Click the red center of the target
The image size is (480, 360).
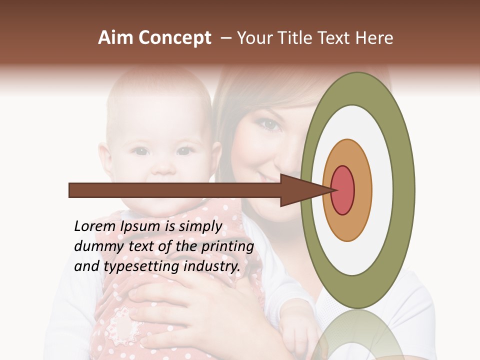(x=342, y=190)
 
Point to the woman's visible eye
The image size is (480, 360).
(x=271, y=124)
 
